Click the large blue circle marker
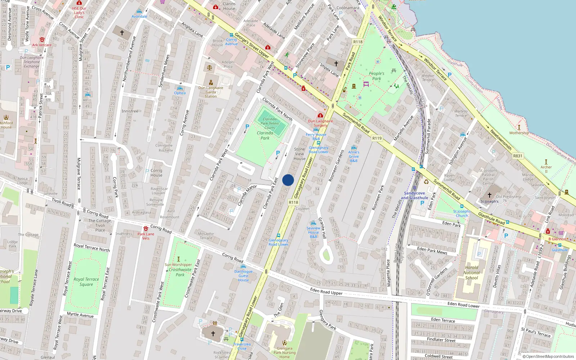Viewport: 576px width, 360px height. point(288,180)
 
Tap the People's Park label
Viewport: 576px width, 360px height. point(377,76)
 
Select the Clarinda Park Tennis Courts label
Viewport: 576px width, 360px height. point(270,123)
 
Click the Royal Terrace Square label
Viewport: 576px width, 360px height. point(86,282)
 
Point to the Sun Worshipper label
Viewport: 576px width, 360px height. point(178,265)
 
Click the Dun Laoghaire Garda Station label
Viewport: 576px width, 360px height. point(211,92)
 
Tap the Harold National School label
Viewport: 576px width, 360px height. point(472,273)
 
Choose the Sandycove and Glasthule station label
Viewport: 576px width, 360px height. point(414,195)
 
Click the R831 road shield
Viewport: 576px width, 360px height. point(518,156)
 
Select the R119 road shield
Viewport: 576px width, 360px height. point(377,138)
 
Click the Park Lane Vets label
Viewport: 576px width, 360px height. point(146,236)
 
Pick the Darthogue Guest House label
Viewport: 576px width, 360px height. point(243,276)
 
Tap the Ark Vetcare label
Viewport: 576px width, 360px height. point(42,45)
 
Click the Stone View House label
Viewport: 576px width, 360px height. point(300,154)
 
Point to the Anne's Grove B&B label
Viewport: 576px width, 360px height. point(354,156)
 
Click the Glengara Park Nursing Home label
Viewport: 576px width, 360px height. point(284,352)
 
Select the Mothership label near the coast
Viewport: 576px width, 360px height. point(519,133)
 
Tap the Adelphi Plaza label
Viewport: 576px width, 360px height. point(228,64)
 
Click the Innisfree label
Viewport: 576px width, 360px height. point(130,111)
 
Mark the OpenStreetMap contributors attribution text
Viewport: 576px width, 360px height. point(548,357)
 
